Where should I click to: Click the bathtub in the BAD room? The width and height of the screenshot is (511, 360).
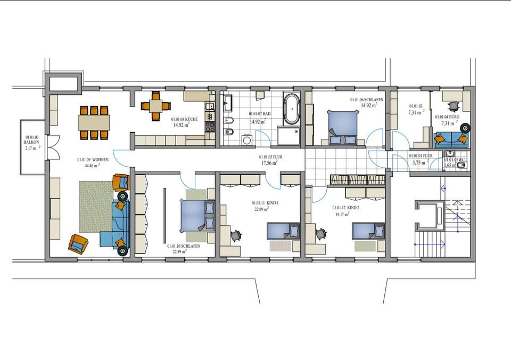(x=291, y=109)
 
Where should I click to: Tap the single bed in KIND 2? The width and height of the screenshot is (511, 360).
(x=368, y=231)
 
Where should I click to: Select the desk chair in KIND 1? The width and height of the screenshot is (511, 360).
(x=237, y=234)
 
